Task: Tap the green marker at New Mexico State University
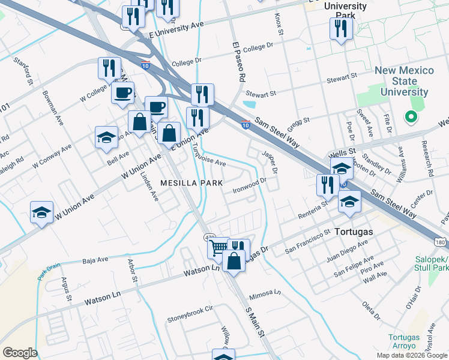(x=411, y=117)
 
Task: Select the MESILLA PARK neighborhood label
(x=191, y=183)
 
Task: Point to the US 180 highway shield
(x=441, y=242)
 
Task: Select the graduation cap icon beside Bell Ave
(x=106, y=137)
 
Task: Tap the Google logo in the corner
(x=20, y=353)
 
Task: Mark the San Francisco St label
(x=307, y=239)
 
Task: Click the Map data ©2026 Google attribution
(x=411, y=355)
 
